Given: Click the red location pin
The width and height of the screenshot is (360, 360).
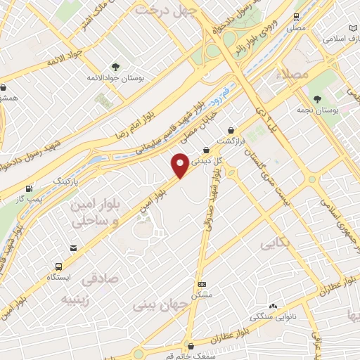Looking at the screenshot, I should [181, 165].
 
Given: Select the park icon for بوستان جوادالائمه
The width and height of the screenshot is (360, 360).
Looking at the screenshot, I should [115, 67].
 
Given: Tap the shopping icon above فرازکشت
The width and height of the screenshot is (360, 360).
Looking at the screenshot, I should [230, 130].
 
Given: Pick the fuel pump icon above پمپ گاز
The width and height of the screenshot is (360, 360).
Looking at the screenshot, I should [29, 188].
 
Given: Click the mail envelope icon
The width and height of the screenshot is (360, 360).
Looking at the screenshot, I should [73, 248].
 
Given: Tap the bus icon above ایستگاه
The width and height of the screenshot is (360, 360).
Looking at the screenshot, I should [58, 266].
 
